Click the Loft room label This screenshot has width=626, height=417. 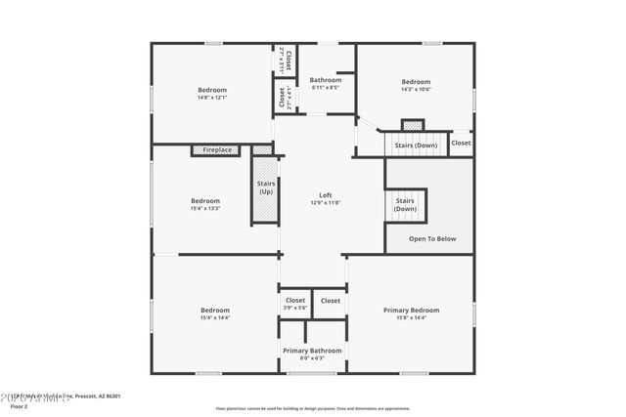click(326, 194)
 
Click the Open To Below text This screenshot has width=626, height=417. click(432, 238)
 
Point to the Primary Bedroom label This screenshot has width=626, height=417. click(411, 310)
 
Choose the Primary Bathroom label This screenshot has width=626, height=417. click(312, 351)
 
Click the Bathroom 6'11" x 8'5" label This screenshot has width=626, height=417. click(325, 79)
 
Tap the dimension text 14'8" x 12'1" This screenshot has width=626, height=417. click(212, 97)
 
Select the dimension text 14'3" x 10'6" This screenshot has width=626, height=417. click(416, 89)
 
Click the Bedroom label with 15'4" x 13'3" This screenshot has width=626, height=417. click(205, 201)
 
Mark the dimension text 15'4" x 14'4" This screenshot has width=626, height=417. click(214, 317)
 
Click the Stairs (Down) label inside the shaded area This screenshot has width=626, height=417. click(405, 204)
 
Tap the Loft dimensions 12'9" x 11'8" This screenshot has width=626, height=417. click(326, 202)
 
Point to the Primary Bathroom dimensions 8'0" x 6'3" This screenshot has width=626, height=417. click(312, 358)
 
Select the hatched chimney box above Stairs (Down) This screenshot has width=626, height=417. click(413, 125)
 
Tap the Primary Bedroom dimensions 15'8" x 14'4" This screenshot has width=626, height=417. click(411, 317)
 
